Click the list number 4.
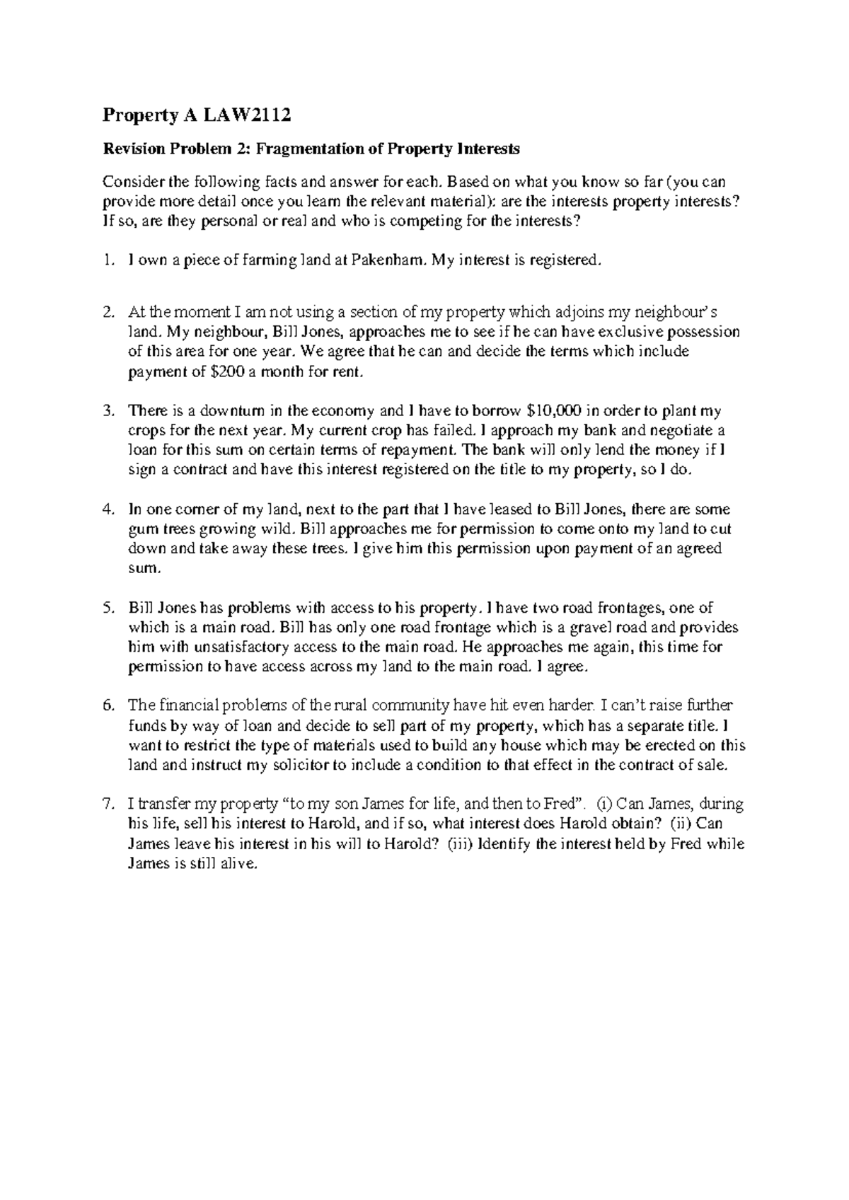click(x=108, y=509)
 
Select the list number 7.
click(x=108, y=804)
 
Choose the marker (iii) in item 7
click(x=461, y=843)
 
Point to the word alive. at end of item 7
click(x=234, y=863)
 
